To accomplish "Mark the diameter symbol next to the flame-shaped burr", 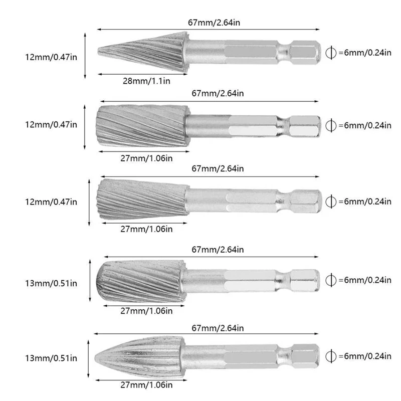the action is click(330, 356).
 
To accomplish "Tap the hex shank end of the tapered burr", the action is click(306, 200).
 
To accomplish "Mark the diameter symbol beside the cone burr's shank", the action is click(330, 53).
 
